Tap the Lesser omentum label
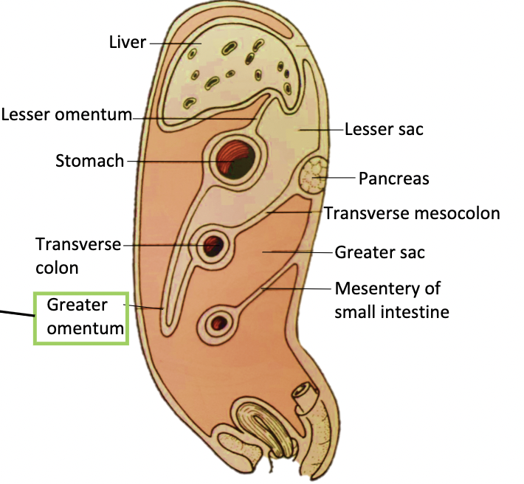pyautogui.click(x=66, y=115)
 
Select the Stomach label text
pyautogui.click(x=90, y=160)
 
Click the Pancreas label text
pyautogui.click(x=393, y=178)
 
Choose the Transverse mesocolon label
pyautogui.click(x=413, y=213)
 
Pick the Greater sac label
pyautogui.click(x=380, y=252)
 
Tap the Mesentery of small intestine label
pyautogui.click(x=391, y=300)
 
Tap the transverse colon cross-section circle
pyautogui.click(x=214, y=245)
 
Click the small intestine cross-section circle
pyautogui.click(x=218, y=322)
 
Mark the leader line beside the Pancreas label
pyautogui.click(x=338, y=178)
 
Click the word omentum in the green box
pyautogui.click(x=85, y=328)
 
